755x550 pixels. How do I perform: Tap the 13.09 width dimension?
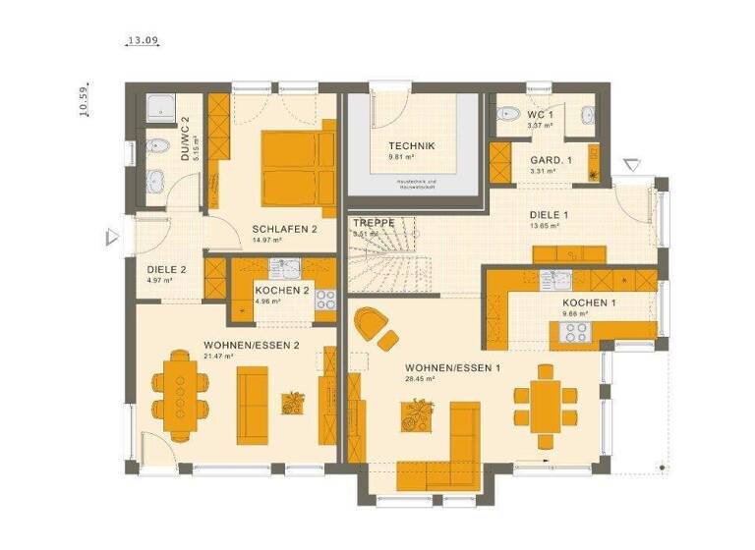tap(143, 42)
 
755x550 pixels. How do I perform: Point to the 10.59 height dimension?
tap(87, 101)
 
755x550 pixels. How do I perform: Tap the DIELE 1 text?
tap(549, 214)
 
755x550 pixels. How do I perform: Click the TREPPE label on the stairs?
tap(374, 223)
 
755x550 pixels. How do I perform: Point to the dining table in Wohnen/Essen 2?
tap(182, 393)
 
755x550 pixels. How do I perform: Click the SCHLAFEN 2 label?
tap(284, 228)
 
